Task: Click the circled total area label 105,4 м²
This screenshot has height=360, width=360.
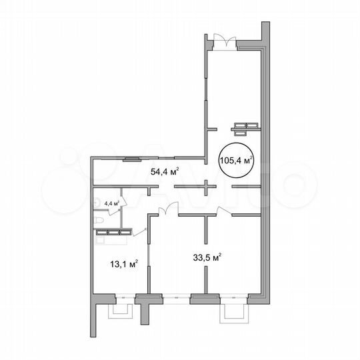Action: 237,160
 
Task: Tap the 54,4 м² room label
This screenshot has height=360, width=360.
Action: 164,171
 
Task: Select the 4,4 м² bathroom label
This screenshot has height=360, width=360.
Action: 111,203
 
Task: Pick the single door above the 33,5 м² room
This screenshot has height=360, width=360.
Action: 224,211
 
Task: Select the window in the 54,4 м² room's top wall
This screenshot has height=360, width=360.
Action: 131,158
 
